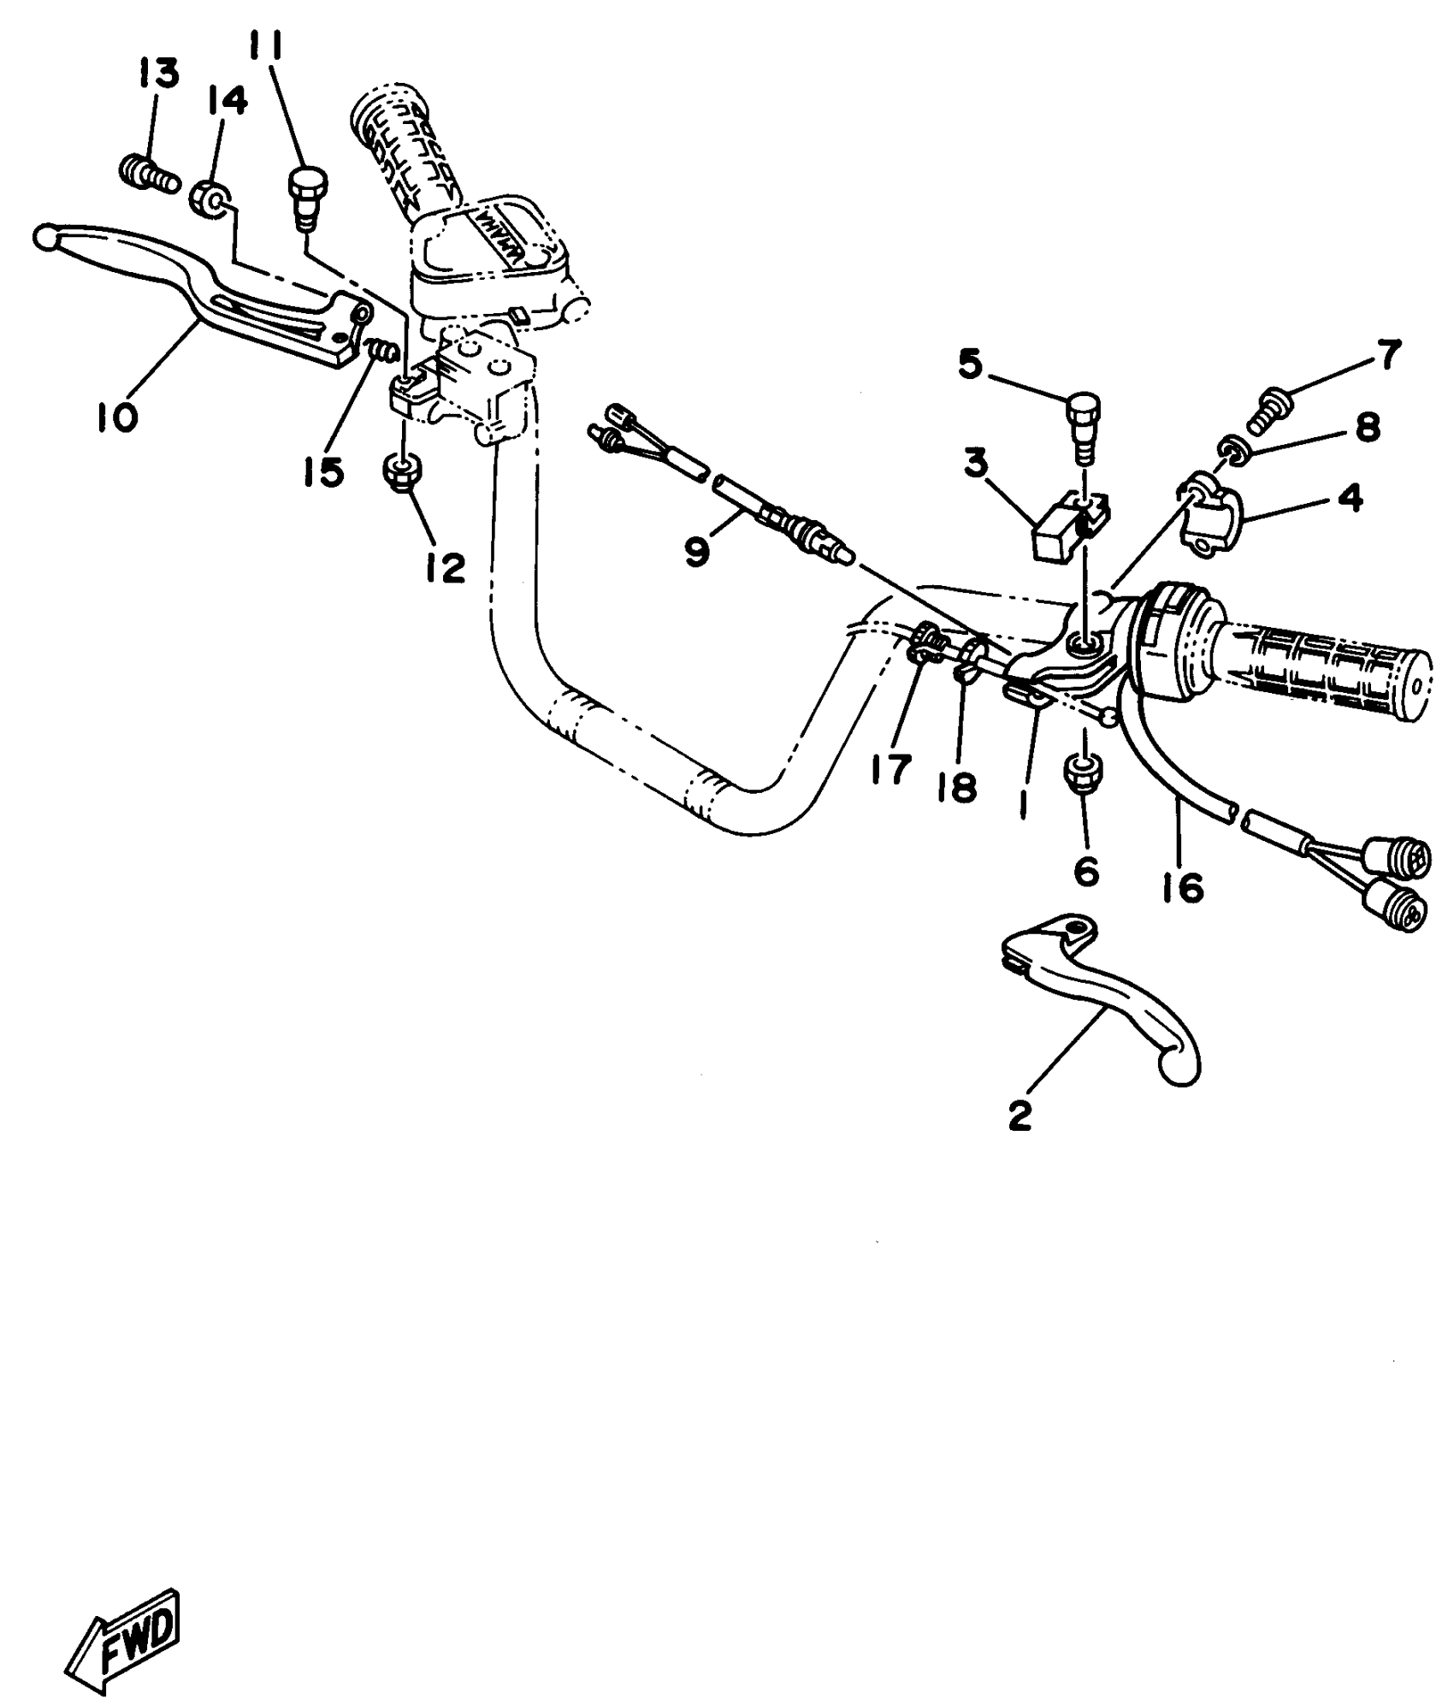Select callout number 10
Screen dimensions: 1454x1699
116,417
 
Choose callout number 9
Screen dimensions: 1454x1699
697,552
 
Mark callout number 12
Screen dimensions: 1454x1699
446,566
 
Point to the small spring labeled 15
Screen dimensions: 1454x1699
380,351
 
